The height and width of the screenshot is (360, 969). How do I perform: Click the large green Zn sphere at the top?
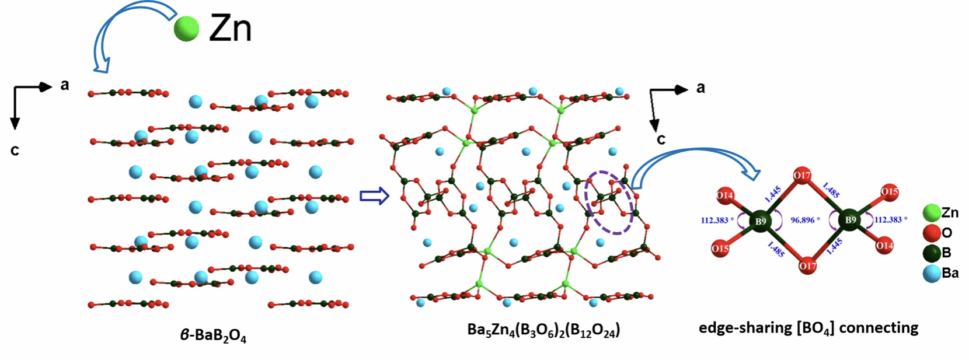pos(186,29)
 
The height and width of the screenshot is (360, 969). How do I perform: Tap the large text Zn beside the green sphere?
pos(230,29)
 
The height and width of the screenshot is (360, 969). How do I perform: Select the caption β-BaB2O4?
pos(213,335)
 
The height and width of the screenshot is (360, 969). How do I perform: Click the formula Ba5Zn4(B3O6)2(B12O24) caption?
pos(543,330)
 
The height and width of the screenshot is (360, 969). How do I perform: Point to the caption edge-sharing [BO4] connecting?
pos(808,328)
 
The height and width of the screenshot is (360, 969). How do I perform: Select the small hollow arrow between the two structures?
pos(375,196)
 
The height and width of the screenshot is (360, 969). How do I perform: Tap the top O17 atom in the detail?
pos(802,176)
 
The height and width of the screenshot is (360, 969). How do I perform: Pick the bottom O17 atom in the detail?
pos(807,265)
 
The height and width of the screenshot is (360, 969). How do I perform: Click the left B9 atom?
pos(761,221)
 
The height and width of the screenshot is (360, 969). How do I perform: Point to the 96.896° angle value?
pos(806,220)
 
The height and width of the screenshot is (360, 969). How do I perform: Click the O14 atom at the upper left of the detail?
pos(724,195)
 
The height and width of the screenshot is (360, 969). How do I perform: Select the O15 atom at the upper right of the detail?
pos(890,191)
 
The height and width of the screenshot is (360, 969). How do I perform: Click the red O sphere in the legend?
pos(932,233)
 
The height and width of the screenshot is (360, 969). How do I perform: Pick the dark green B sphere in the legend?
pos(932,253)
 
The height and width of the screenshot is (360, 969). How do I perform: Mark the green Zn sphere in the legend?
pos(932,213)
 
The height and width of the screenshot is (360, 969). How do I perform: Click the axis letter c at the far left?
pos(15,151)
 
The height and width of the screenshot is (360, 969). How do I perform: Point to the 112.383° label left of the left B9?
pos(717,221)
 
